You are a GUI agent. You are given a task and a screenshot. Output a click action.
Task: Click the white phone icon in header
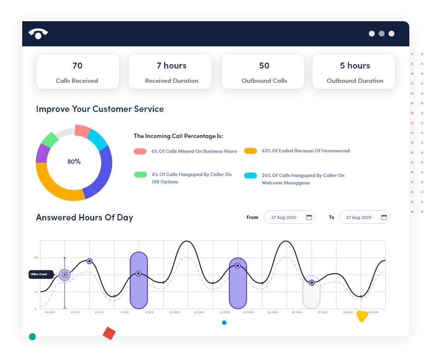pyautogui.click(x=38, y=33)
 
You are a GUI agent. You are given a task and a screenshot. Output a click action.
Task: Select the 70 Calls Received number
pyautogui.click(x=77, y=66)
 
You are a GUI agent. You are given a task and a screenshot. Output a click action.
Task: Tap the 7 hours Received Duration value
pyautogui.click(x=171, y=66)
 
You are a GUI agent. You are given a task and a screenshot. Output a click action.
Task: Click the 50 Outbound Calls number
pyautogui.click(x=264, y=66)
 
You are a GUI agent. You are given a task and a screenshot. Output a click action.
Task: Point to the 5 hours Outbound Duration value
pyautogui.click(x=355, y=66)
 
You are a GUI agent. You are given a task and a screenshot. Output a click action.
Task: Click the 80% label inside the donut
pyautogui.click(x=74, y=161)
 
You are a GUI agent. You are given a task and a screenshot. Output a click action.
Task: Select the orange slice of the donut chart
pyautogui.click(x=57, y=188)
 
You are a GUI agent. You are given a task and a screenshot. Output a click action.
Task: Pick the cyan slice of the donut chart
pyautogui.click(x=98, y=140)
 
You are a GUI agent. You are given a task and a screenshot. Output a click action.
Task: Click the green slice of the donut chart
pyautogui.click(x=50, y=140)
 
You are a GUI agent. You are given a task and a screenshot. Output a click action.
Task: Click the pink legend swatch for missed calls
pyautogui.click(x=140, y=151)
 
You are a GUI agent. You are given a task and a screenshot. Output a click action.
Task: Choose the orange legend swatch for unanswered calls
pyautogui.click(x=251, y=150)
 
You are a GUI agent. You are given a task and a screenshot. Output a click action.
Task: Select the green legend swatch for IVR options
pyautogui.click(x=140, y=174)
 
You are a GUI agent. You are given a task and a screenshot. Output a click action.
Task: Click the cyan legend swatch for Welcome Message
pyautogui.click(x=251, y=175)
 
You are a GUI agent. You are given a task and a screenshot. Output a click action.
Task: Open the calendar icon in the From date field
pyautogui.click(x=309, y=217)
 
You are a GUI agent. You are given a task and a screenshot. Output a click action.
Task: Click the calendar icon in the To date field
pyautogui.click(x=384, y=217)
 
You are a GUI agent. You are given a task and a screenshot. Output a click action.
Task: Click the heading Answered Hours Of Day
pyautogui.click(x=84, y=217)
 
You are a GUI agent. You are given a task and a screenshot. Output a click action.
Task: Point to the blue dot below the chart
pyautogui.click(x=224, y=323)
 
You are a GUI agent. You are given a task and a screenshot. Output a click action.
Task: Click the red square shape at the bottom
pyautogui.click(x=109, y=333)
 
